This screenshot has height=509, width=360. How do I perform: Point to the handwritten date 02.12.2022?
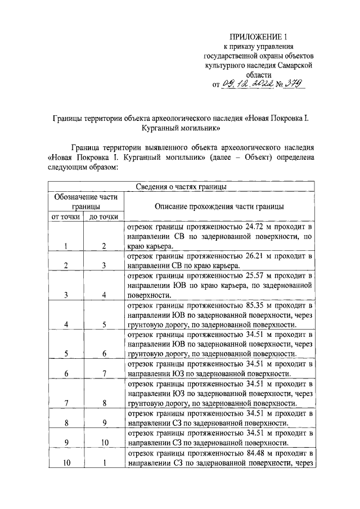[x=247, y=84]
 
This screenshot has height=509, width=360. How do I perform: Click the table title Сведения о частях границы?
[x=181, y=187]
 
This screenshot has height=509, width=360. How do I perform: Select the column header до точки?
[x=104, y=217]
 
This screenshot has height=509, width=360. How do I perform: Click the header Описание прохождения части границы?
[x=219, y=206]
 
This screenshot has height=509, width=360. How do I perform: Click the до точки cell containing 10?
[x=104, y=443]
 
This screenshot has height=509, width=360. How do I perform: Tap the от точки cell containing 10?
[x=65, y=463]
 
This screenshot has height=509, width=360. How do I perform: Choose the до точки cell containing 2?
[x=104, y=246]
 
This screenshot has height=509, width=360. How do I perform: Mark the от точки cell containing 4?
[x=65, y=325]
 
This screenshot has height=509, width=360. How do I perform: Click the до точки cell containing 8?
[x=104, y=403]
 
